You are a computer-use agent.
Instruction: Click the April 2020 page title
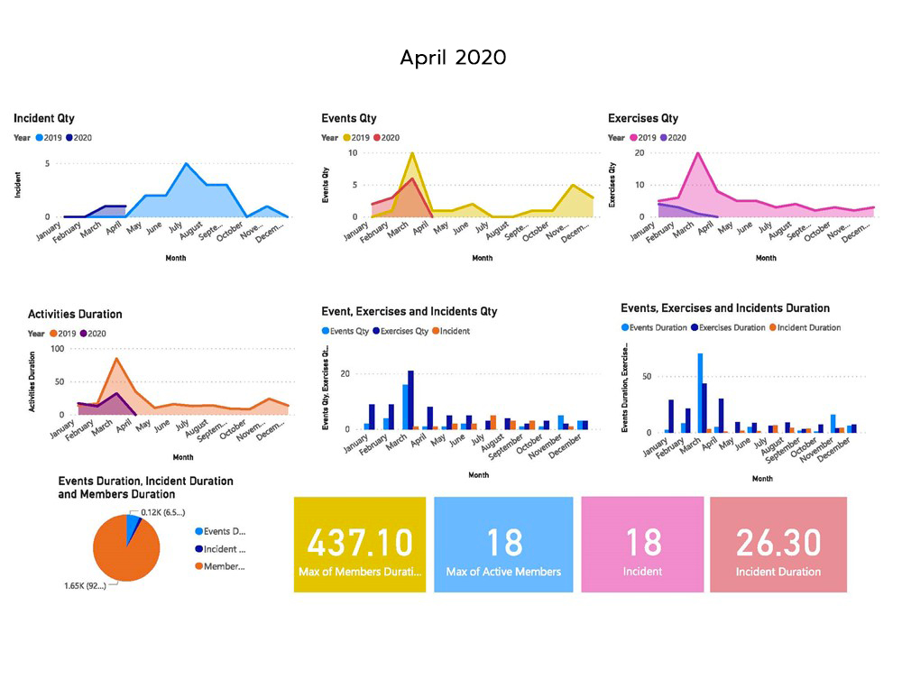click(453, 58)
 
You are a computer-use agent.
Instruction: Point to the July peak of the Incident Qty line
click(186, 164)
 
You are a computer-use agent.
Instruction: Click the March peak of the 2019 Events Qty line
click(412, 153)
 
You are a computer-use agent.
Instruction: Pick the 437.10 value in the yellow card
click(360, 543)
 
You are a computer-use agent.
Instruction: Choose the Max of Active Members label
click(503, 572)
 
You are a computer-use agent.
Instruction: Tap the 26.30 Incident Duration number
click(778, 543)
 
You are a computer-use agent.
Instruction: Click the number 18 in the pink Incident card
click(642, 543)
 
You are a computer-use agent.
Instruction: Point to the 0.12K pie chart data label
click(162, 512)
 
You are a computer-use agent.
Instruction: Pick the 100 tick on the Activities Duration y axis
click(56, 348)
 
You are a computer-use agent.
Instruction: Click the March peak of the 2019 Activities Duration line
click(116, 359)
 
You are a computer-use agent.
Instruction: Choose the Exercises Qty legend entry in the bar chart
click(401, 331)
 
